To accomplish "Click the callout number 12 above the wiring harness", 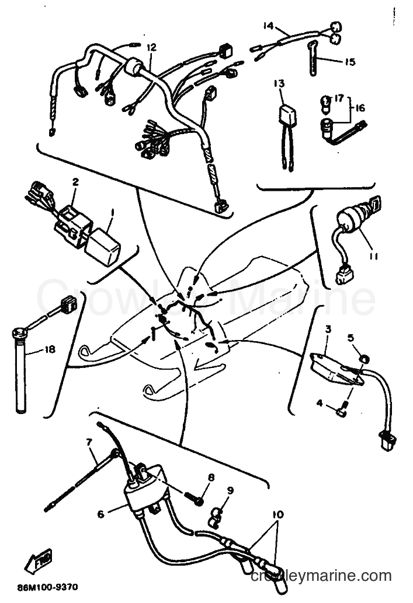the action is click(151, 47).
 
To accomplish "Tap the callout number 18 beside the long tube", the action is click(50, 349).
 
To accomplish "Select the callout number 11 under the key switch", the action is click(373, 256).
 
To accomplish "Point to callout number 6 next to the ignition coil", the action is click(100, 514).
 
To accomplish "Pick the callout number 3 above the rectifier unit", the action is click(328, 329).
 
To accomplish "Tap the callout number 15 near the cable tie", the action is click(350, 62).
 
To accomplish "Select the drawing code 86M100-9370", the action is click(47, 587).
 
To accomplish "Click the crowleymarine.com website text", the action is click(321, 576).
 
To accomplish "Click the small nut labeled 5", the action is click(364, 359).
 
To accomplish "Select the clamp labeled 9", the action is click(216, 517).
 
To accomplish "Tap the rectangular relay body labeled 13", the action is click(287, 114).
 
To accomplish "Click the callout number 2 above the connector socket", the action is click(75, 181).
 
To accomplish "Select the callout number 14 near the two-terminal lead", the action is click(268, 26).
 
